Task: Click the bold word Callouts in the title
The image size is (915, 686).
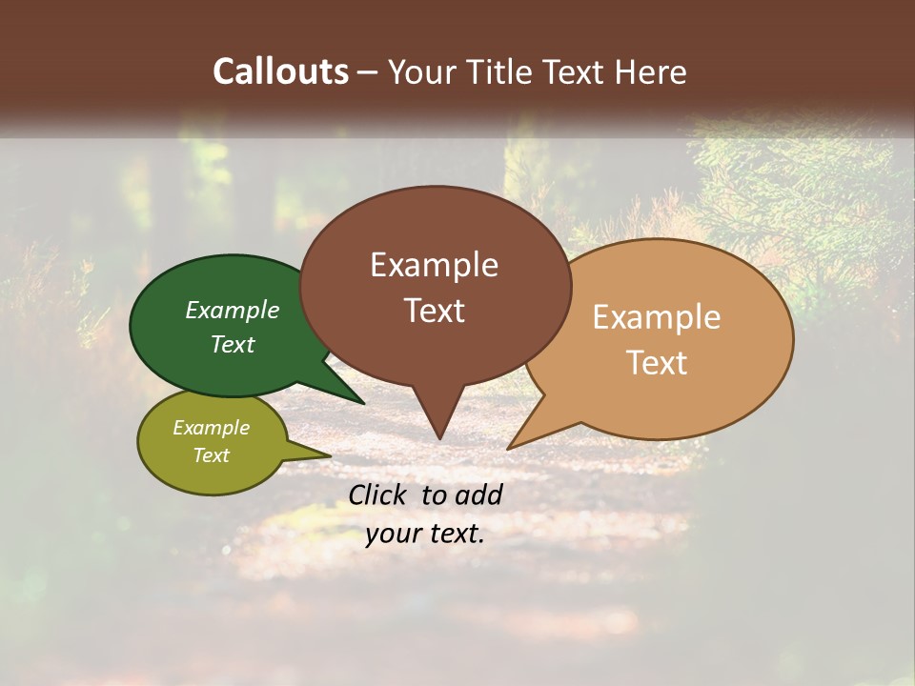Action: point(281,71)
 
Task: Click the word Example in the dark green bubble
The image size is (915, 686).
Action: point(233,310)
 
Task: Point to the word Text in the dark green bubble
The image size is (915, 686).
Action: point(233,344)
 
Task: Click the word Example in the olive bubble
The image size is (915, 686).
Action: point(212,428)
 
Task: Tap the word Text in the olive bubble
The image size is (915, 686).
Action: point(212,455)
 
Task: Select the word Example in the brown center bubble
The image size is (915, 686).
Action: point(434,265)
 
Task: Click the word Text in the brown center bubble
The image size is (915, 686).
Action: point(434,311)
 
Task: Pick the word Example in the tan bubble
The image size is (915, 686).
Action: point(657,317)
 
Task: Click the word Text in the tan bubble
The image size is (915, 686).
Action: point(657,363)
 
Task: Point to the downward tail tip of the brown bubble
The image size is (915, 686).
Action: point(438,436)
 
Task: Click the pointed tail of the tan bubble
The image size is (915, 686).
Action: point(511,446)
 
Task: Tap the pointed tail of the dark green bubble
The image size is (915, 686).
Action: point(360,402)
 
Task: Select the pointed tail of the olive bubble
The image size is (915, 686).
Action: point(327,455)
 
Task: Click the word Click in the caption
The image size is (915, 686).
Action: point(378,494)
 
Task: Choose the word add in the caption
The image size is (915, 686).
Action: point(479,494)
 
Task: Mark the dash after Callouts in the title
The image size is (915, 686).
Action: point(369,71)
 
